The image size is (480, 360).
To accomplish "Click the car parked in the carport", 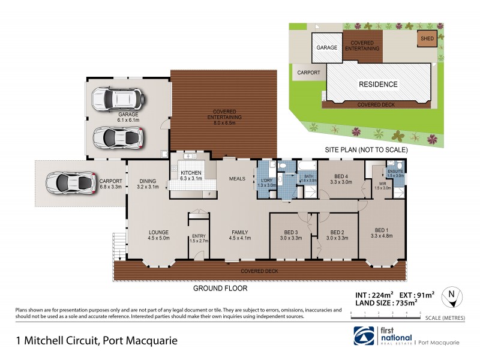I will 71,182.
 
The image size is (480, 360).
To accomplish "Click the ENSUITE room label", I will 395,173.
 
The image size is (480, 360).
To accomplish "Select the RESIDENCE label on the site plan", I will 378,85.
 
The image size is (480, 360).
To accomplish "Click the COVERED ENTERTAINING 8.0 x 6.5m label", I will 224,115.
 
